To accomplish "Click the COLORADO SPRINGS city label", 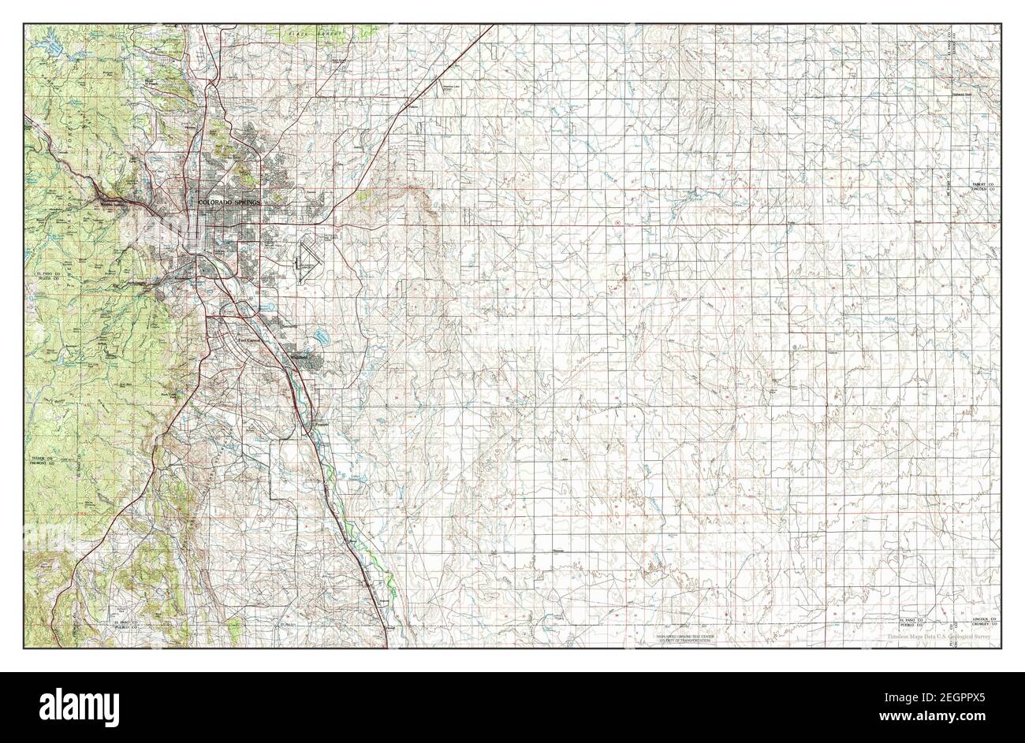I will pyautogui.click(x=229, y=202).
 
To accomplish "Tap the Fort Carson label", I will pyautogui.click(x=251, y=340).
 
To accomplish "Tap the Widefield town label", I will pyautogui.click(x=302, y=356).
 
